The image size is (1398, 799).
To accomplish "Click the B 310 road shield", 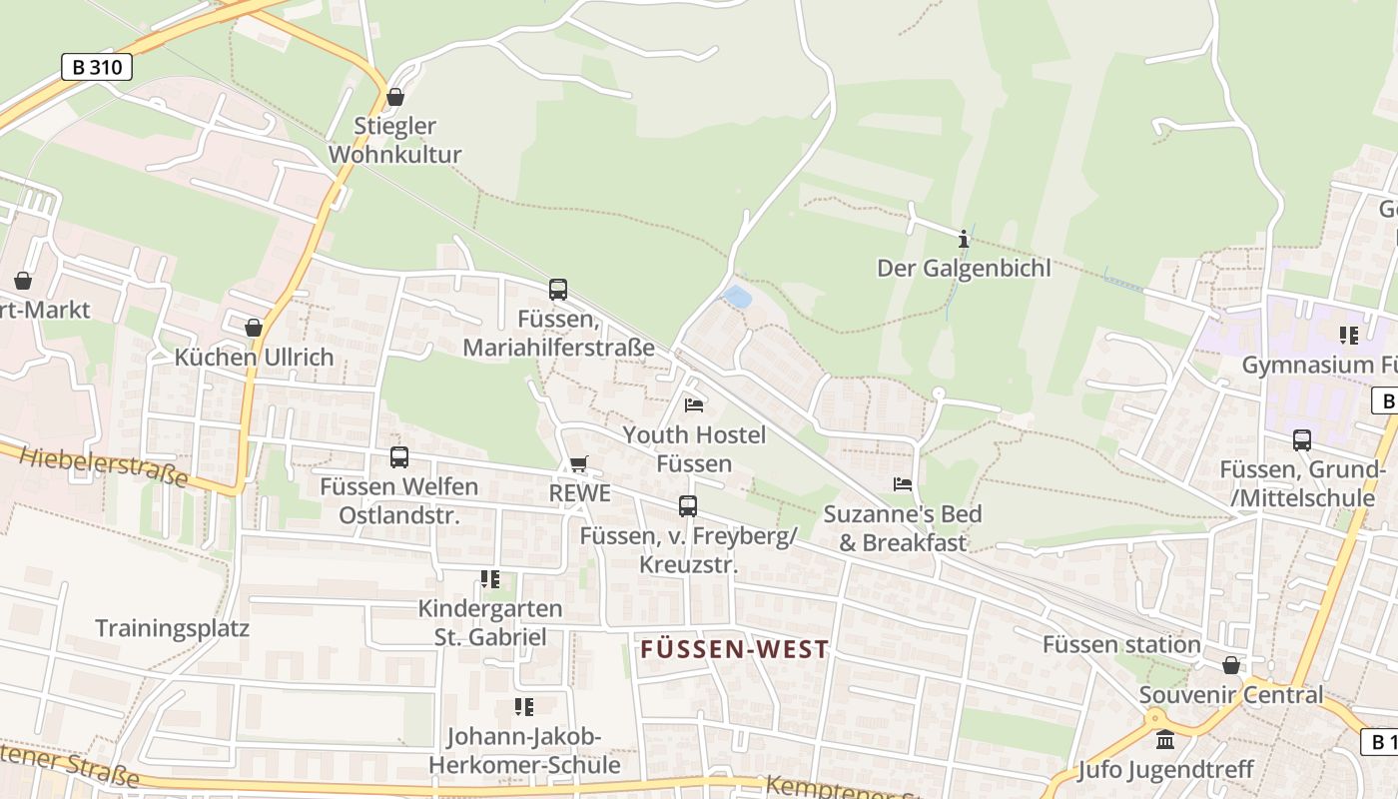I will [x=97, y=67].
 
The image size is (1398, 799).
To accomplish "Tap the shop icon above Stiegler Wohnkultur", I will [x=395, y=97].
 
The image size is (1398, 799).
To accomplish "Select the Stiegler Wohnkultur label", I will [x=395, y=141].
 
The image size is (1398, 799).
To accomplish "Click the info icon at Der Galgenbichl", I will [x=964, y=239].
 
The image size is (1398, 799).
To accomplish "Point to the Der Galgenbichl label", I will [x=964, y=268].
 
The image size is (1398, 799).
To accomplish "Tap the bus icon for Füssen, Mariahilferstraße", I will [x=558, y=290].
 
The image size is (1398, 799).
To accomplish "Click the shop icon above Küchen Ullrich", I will [x=254, y=328].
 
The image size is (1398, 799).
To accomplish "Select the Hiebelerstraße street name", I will [x=103, y=466].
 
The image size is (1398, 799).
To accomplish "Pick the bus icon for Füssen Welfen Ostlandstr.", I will [x=399, y=457].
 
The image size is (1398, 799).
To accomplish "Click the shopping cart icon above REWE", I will [x=579, y=463].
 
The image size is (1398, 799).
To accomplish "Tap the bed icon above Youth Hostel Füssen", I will [x=694, y=405].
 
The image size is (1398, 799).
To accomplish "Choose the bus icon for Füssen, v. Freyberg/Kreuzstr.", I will [x=688, y=506].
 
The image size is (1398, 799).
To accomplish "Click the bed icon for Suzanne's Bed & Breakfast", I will [x=903, y=484].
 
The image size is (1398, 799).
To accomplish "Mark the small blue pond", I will [x=737, y=297].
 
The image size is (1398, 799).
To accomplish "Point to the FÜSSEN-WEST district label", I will [x=735, y=649].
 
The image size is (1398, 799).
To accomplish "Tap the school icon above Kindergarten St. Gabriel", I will [x=489, y=579].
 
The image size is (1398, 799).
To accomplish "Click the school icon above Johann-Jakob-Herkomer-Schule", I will [x=523, y=707].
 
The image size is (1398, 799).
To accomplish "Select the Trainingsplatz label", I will [x=172, y=628].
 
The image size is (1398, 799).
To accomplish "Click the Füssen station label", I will [x=1121, y=644].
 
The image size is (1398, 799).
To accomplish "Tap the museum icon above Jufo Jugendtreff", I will [x=1165, y=740].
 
